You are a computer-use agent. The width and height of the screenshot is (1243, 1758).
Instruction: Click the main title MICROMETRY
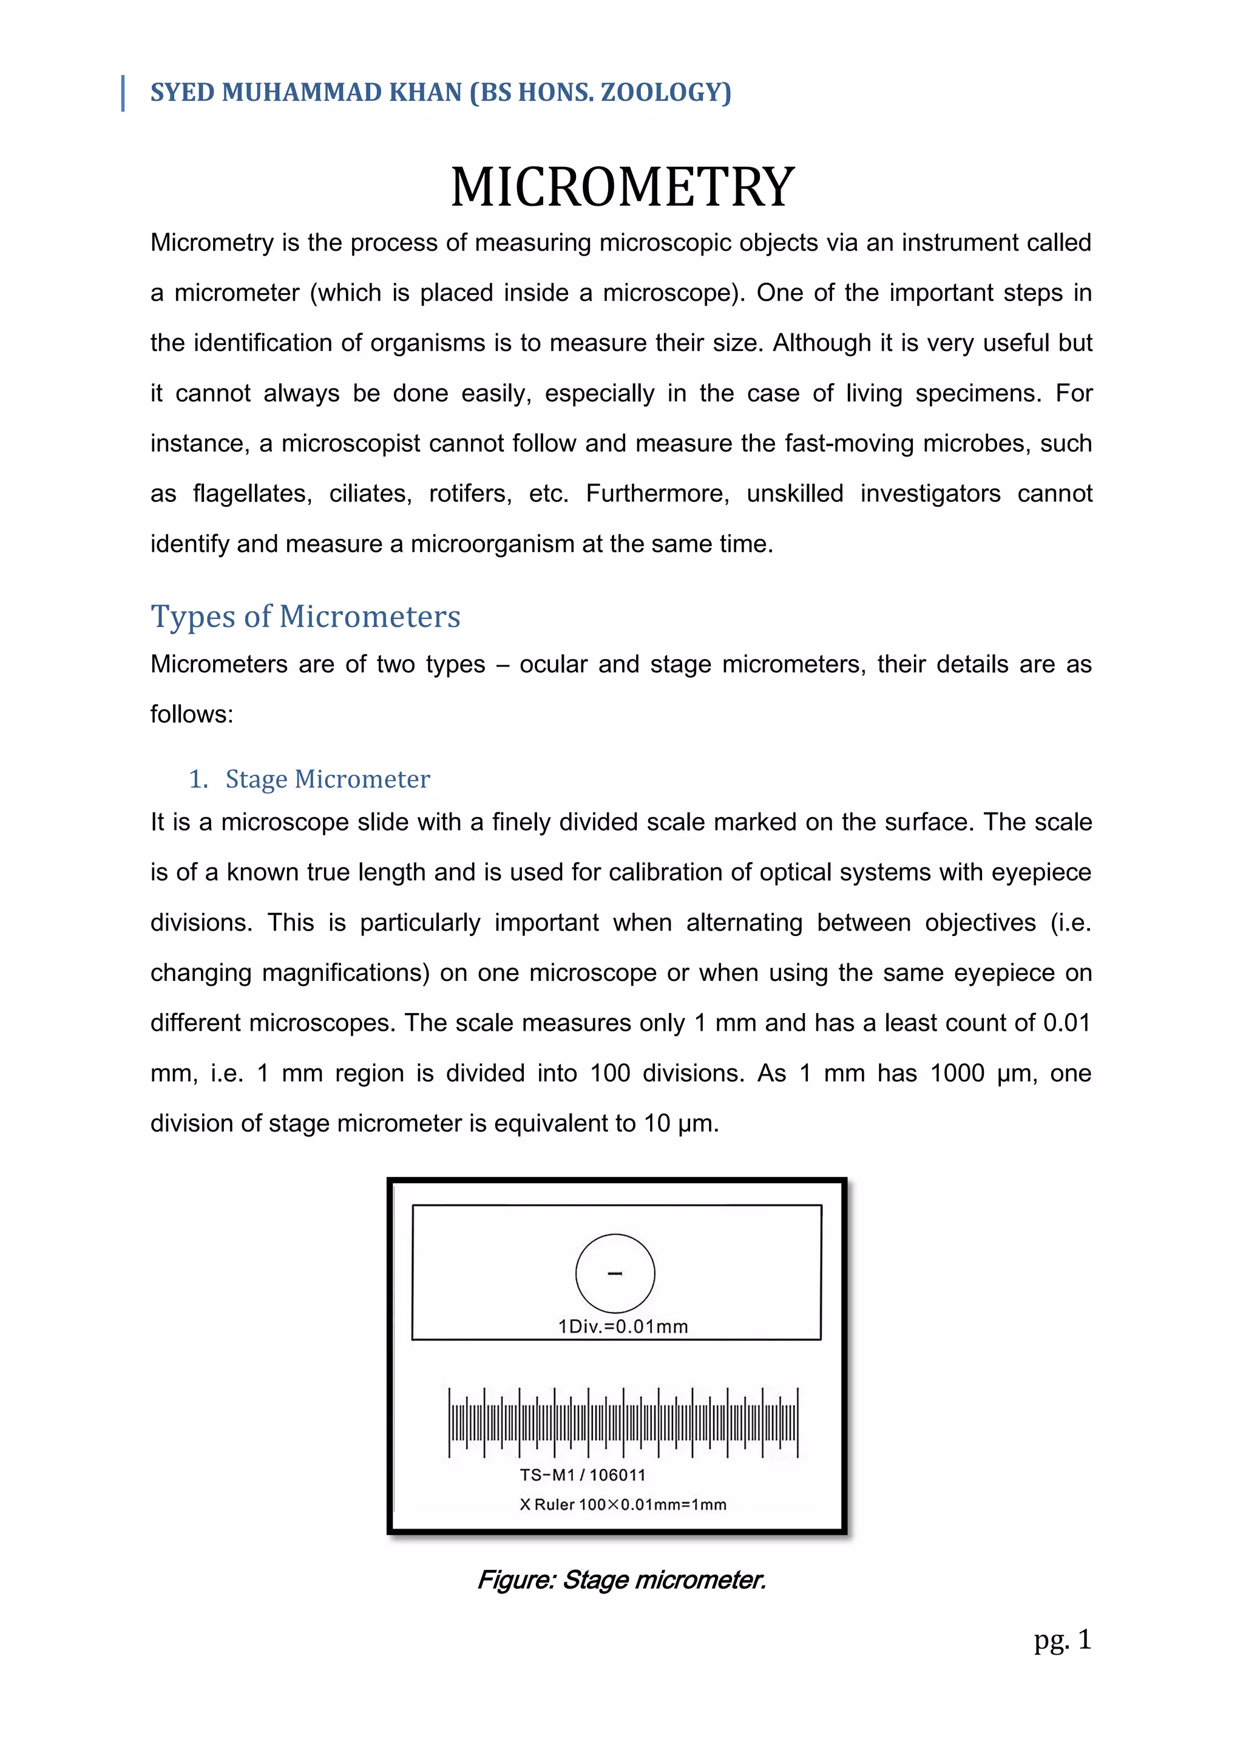[x=622, y=188]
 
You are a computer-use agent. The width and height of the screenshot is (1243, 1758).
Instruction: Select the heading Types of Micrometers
[x=305, y=616]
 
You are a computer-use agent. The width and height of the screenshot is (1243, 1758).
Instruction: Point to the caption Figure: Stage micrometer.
[x=621, y=1580]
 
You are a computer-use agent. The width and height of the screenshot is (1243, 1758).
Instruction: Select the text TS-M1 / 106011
[x=583, y=1475]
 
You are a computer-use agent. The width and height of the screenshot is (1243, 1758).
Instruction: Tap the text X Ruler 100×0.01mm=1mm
[x=622, y=1505]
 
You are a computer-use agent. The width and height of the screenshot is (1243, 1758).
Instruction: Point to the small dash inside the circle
[x=615, y=1274]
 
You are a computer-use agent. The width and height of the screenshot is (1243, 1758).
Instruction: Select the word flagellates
[x=252, y=494]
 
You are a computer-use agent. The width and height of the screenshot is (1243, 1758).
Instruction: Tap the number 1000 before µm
[x=957, y=1073]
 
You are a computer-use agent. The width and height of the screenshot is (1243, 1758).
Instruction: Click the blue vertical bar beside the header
[x=123, y=93]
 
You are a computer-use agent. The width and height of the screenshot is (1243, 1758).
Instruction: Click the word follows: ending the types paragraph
[x=191, y=714]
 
